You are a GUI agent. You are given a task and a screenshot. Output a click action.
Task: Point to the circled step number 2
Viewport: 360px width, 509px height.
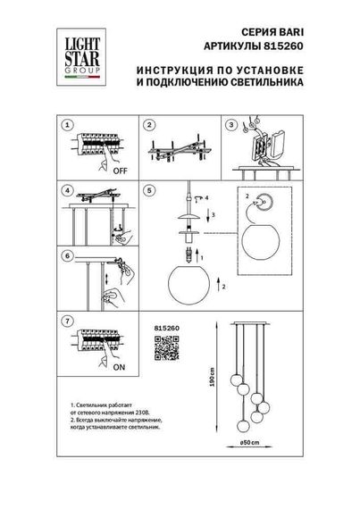(x=151, y=125)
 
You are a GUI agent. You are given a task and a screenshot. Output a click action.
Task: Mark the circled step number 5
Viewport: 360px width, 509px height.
(x=151, y=190)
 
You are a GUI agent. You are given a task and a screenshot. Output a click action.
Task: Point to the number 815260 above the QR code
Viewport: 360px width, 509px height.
(x=155, y=329)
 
